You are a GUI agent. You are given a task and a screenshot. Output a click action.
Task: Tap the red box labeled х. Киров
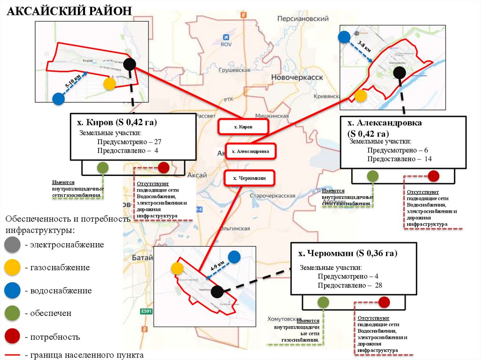pos(243,127)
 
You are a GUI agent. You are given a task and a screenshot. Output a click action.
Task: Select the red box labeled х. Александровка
pos(251,151)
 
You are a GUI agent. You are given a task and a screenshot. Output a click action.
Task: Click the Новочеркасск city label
pos(297,77)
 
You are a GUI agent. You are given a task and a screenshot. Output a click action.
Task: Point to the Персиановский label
pos(303,19)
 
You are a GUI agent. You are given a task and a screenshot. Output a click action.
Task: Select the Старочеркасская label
pos(272,195)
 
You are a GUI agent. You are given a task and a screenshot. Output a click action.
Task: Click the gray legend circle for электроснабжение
pos(12,245)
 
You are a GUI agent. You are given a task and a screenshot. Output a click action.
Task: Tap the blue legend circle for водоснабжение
pos(12,291)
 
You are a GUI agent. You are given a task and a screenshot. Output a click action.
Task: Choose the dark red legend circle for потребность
pos(12,337)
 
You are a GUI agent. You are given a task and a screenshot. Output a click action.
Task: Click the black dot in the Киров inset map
pos(130,64)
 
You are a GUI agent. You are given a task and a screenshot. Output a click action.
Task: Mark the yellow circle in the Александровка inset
pos(361,96)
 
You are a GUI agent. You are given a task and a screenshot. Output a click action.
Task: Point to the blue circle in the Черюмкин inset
pos(234,257)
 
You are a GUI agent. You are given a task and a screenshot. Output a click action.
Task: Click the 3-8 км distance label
pos(364,47)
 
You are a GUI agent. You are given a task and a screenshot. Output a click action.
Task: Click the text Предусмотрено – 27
pos(129,142)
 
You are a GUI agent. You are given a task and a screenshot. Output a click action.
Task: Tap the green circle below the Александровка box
pos(372,176)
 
